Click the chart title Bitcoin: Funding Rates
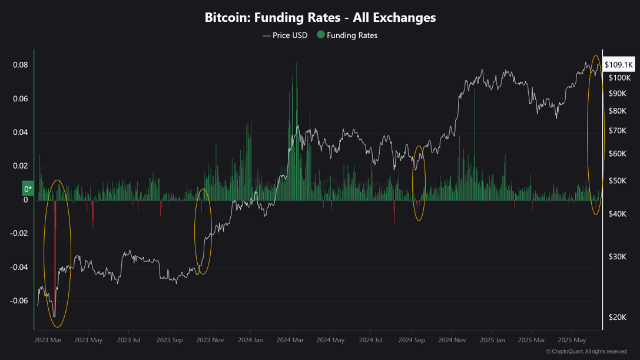(x=320, y=18)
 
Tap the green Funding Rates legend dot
(x=321, y=35)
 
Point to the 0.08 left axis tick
(x=21, y=65)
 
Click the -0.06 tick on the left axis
(x=19, y=300)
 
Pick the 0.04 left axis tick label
(x=21, y=132)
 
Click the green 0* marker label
(x=28, y=189)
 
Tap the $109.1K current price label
(x=618, y=65)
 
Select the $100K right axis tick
(x=619, y=78)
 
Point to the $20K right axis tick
(x=618, y=318)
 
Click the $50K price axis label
(x=618, y=181)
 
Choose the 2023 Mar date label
(x=48, y=340)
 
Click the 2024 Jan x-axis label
(x=250, y=340)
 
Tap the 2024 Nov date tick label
(x=452, y=340)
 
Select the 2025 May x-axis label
(x=572, y=340)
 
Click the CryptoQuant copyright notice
(x=586, y=352)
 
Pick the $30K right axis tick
(x=618, y=256)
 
